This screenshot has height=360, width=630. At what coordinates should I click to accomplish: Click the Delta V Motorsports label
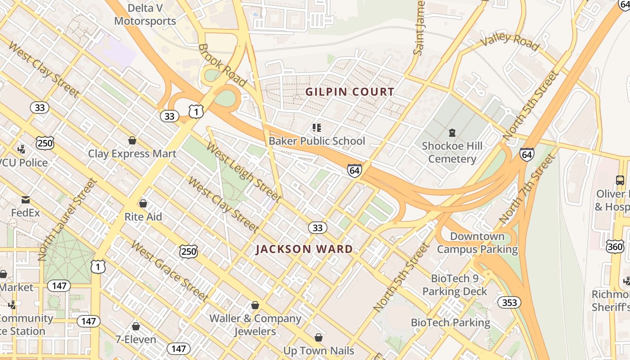(x=145, y=14)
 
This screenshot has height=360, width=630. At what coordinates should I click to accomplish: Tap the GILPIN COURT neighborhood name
(x=350, y=92)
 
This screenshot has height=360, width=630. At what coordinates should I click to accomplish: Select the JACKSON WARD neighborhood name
(x=304, y=249)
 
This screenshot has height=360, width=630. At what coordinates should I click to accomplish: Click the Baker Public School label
(x=317, y=141)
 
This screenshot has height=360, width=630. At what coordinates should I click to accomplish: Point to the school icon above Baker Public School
(x=317, y=128)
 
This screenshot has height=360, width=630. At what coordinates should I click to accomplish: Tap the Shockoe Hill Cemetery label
(x=452, y=152)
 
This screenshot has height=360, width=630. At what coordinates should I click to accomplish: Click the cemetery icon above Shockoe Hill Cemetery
(x=452, y=133)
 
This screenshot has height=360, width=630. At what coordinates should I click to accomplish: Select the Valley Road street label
(x=509, y=41)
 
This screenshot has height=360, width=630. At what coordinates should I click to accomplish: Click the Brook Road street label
(x=222, y=65)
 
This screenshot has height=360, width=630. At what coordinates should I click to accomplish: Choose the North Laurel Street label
(x=68, y=219)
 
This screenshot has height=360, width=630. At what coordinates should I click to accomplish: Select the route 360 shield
(x=615, y=247)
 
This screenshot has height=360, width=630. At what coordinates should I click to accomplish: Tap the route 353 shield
(x=509, y=302)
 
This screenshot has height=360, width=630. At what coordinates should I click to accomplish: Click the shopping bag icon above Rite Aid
(x=143, y=203)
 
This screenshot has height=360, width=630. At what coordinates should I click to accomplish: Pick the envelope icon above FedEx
(x=26, y=199)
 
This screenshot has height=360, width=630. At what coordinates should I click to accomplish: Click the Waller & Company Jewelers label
(x=255, y=325)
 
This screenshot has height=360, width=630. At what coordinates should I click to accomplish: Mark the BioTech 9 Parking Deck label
(x=454, y=285)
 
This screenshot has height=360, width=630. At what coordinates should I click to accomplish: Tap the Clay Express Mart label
(x=132, y=153)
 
